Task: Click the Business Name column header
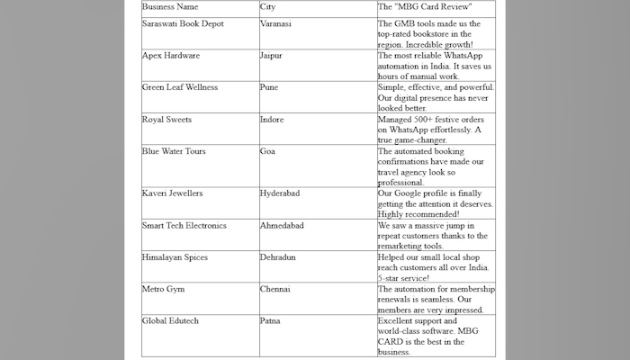coord(171,7)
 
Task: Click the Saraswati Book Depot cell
coord(183,23)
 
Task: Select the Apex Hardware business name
coord(171,56)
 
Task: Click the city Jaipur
coord(271,56)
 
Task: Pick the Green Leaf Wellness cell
coord(180,87)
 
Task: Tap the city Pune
coord(268,87)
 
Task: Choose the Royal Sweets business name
coord(166,119)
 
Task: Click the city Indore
coord(271,119)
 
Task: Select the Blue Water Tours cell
coord(174,150)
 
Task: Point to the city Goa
coord(266,150)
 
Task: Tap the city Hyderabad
coord(280,193)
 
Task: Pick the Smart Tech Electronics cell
coord(184,225)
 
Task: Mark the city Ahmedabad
coord(281,225)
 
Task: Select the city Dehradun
coord(277,256)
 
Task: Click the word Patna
coord(269,320)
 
